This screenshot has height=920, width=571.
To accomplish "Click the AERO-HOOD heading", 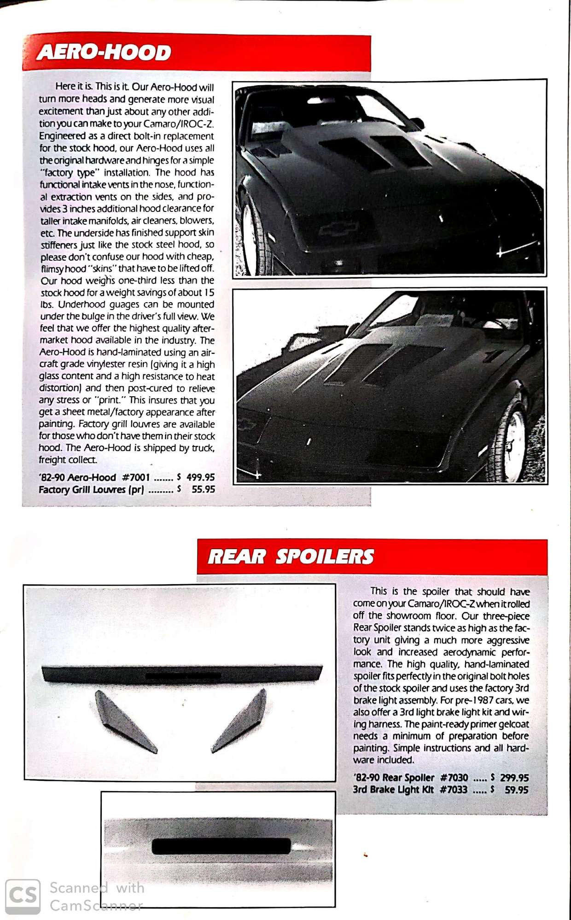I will pos(104,53).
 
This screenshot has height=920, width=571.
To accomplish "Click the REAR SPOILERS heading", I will pos(291,557).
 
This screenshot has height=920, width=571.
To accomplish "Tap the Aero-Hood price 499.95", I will pos(200,477).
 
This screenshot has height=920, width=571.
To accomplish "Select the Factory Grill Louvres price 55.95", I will pos(203,489).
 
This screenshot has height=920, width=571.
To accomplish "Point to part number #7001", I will pos(136,477).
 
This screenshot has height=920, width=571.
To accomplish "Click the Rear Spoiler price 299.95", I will pos(514,778).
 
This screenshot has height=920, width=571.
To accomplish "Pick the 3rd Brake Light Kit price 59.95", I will pos(516,790).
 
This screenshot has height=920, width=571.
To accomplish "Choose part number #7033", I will pos(454,790).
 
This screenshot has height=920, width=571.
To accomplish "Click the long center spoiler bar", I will pos(182,674).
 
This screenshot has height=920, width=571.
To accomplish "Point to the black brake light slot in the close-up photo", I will pos(221,846).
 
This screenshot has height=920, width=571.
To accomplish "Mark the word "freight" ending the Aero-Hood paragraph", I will pos(52,460).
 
